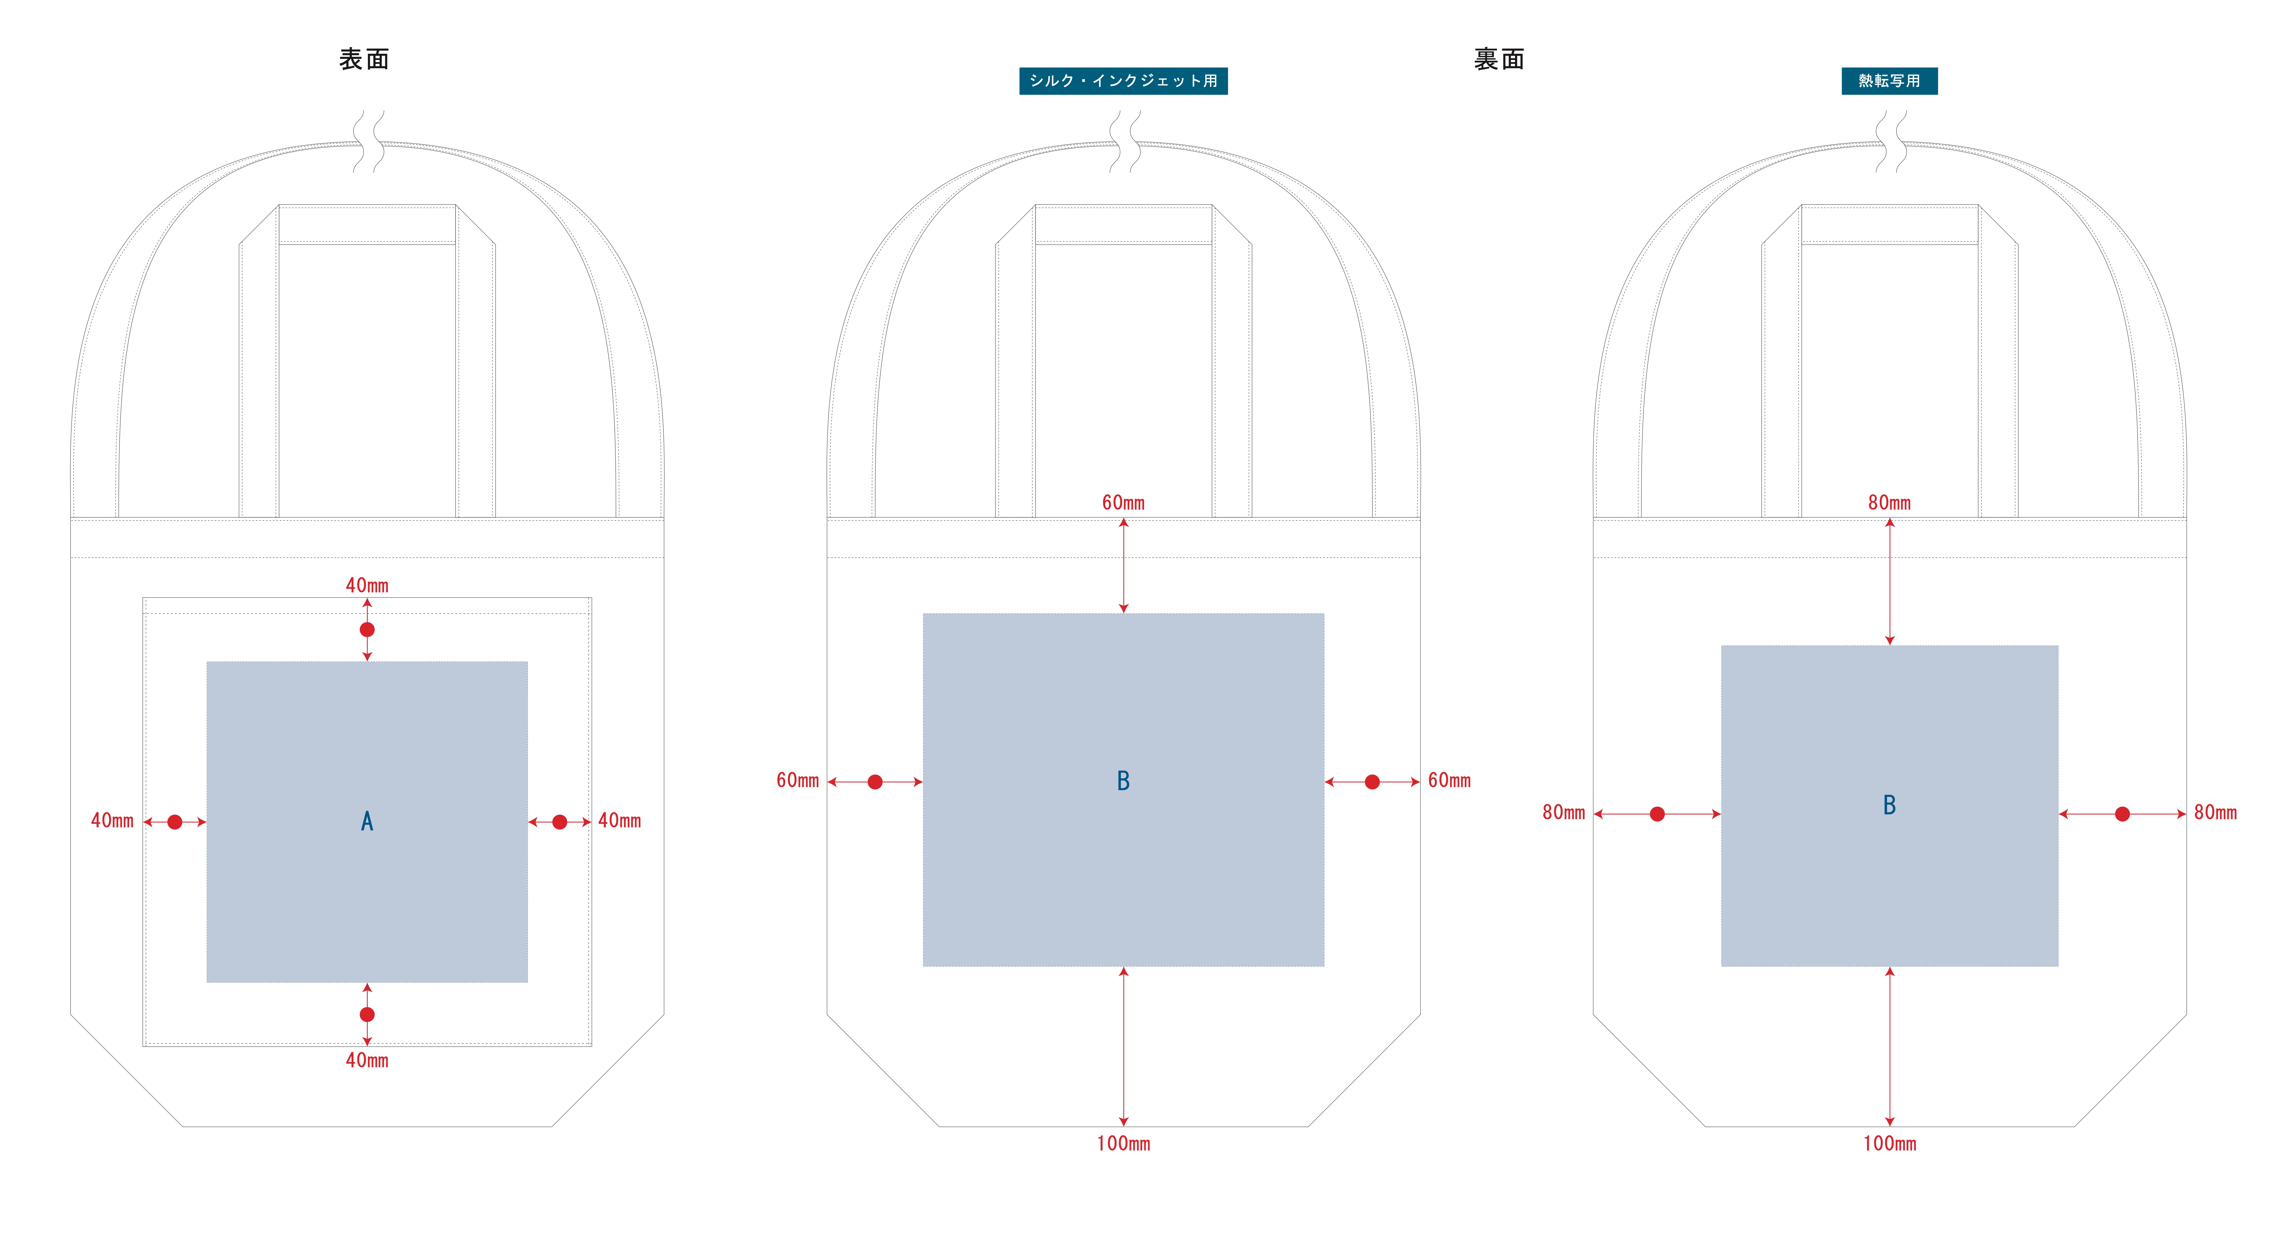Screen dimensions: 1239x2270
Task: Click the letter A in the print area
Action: point(367,821)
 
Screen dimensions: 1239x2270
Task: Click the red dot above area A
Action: point(367,629)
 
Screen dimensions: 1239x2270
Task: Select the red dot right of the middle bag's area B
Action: point(1372,782)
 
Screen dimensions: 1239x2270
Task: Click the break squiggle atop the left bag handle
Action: point(368,141)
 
